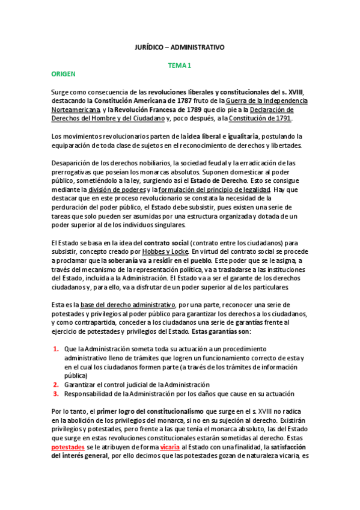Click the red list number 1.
click(55, 349)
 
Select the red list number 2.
click(55, 384)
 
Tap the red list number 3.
click(55, 393)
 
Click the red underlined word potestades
click(69, 447)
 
